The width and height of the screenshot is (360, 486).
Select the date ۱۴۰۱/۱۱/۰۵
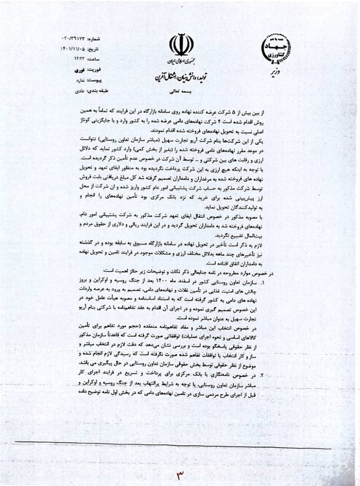(74, 48)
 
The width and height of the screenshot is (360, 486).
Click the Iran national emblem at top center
(181, 45)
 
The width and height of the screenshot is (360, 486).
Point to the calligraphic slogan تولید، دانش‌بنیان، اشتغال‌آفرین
(181, 76)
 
